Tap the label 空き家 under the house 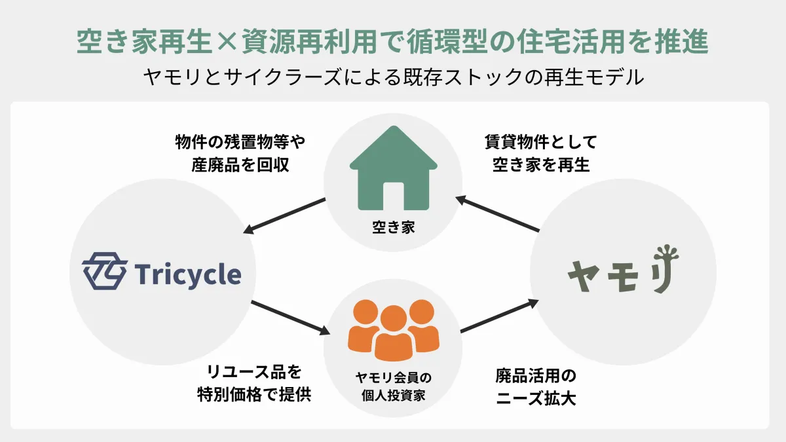tap(394, 228)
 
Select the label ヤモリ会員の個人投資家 tap(393, 387)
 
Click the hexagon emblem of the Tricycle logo tap(104, 273)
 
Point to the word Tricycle tap(188, 274)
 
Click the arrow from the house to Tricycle tap(285, 215)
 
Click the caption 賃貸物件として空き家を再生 tap(541, 153)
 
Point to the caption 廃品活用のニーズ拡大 tap(536, 387)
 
